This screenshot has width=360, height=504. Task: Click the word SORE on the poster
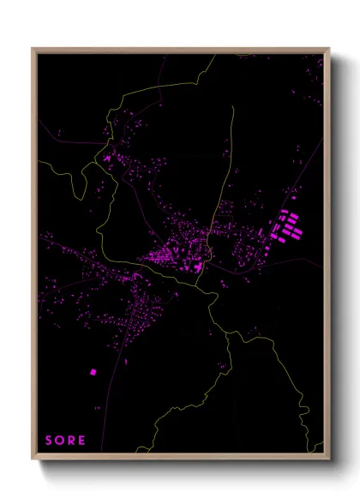click(65, 441)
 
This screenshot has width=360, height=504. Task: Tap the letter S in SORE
click(49, 441)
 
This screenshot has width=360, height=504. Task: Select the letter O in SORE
click(59, 441)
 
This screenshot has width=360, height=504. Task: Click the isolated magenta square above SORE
click(93, 372)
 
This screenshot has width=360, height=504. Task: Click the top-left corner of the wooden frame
click(33, 49)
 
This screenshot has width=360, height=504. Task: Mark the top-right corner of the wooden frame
click(329, 49)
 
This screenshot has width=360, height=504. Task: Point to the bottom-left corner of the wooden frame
click(33, 459)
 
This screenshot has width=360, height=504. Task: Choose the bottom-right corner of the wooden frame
click(329, 459)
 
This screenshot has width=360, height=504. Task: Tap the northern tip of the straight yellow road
click(232, 108)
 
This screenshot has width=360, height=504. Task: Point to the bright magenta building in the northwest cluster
click(107, 159)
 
